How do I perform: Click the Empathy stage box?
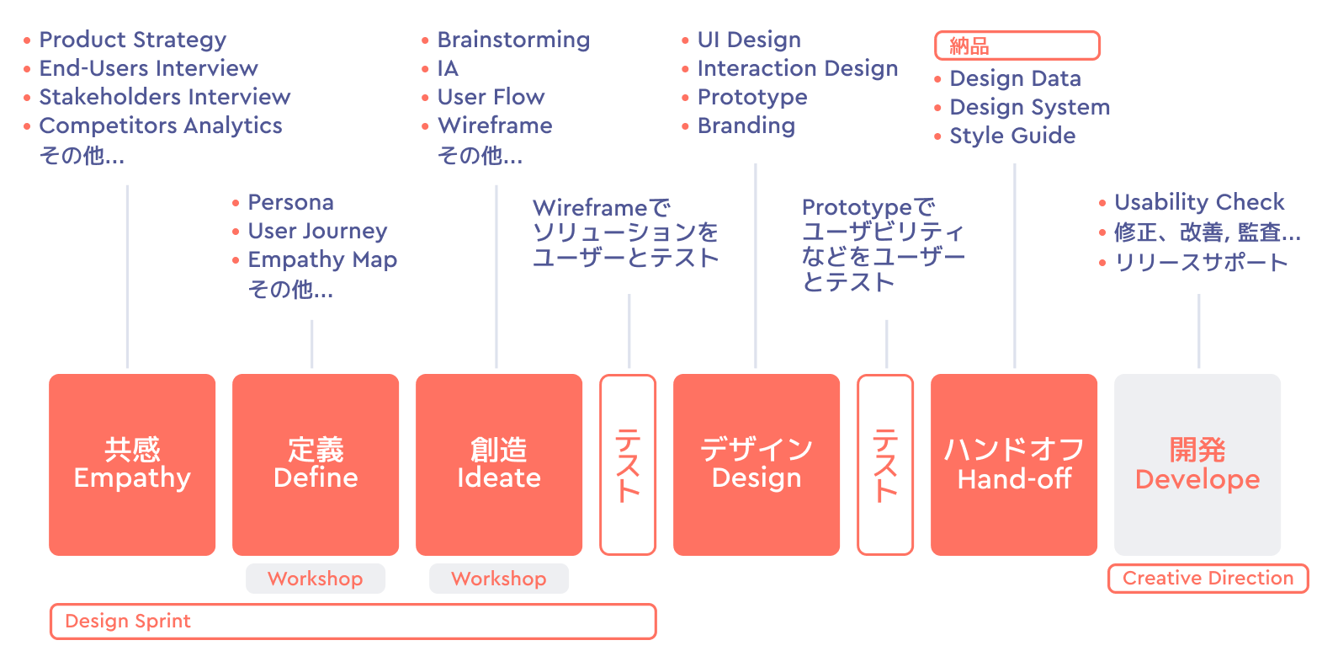coord(132,464)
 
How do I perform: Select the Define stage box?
coord(316,464)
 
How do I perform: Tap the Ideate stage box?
coord(499,464)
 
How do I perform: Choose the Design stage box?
coord(757,464)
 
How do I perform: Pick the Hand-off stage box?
coord(1014,464)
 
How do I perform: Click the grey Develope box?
coord(1197,464)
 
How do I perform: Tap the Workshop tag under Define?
coord(316,579)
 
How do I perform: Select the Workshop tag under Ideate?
coord(499,579)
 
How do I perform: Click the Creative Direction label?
coord(1208,578)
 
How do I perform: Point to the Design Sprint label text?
coord(128,622)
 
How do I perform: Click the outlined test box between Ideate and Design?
coord(628,464)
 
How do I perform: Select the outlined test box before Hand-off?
coord(885,464)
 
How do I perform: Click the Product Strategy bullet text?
coord(133,40)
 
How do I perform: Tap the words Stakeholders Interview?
coord(165,97)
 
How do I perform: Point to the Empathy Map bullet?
coord(322,259)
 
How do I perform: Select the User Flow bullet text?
coord(491,97)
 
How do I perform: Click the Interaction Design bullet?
coord(798,68)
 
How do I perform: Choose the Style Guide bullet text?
coord(1012,136)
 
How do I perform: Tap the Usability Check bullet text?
coord(1199,202)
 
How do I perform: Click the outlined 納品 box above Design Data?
coord(1017,45)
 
